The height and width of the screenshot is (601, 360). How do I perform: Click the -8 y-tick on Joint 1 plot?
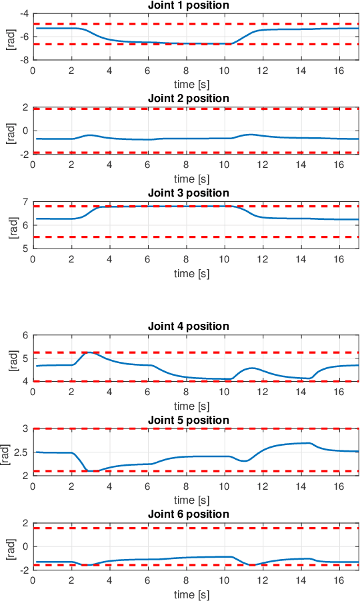pyautogui.click(x=23, y=59)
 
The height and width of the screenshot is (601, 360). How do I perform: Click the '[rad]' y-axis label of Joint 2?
pyautogui.click(x=9, y=131)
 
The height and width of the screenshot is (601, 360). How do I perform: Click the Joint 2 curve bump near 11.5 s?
pyautogui.click(x=251, y=135)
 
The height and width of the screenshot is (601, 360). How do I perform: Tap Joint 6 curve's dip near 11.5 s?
pyautogui.click(x=252, y=565)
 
